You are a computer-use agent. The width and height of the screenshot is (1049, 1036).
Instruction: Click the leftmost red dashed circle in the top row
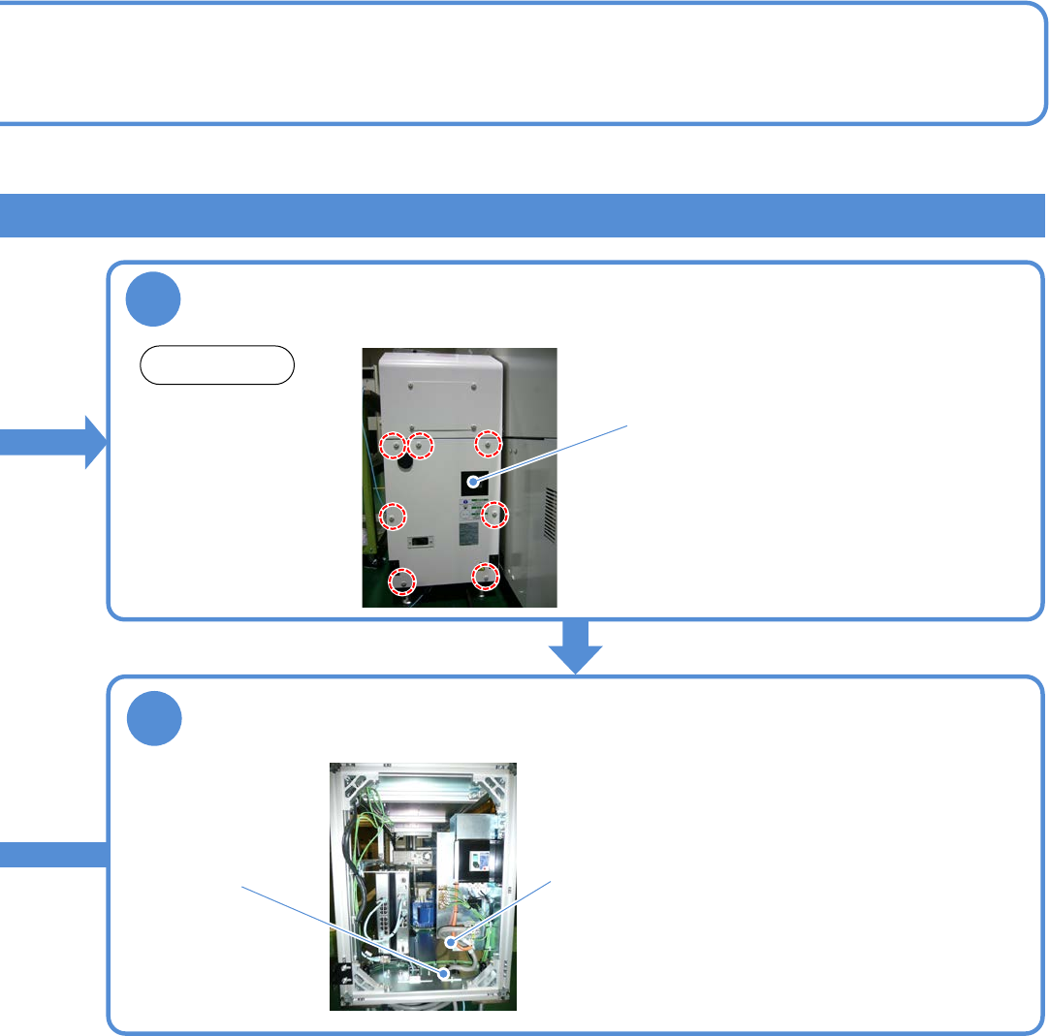(x=392, y=446)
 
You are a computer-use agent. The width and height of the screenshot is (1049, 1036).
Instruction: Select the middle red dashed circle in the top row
(x=421, y=446)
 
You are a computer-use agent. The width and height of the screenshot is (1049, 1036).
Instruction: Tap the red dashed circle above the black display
(x=489, y=444)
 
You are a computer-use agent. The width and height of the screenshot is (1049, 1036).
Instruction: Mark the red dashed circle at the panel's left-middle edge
(x=392, y=517)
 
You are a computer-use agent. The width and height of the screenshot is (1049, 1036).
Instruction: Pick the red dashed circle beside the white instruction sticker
(x=494, y=514)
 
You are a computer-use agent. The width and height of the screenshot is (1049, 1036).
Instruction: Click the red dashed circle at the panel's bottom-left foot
(x=399, y=581)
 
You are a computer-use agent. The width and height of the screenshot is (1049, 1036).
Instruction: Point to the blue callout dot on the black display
(x=473, y=482)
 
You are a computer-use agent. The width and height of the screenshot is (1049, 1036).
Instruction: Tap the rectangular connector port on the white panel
(x=422, y=544)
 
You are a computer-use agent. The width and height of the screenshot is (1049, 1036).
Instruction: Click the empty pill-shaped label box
(x=217, y=365)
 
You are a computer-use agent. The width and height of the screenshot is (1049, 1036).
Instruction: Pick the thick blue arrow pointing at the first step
(x=53, y=442)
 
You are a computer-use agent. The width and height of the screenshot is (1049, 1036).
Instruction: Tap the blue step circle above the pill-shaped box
(x=153, y=300)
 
